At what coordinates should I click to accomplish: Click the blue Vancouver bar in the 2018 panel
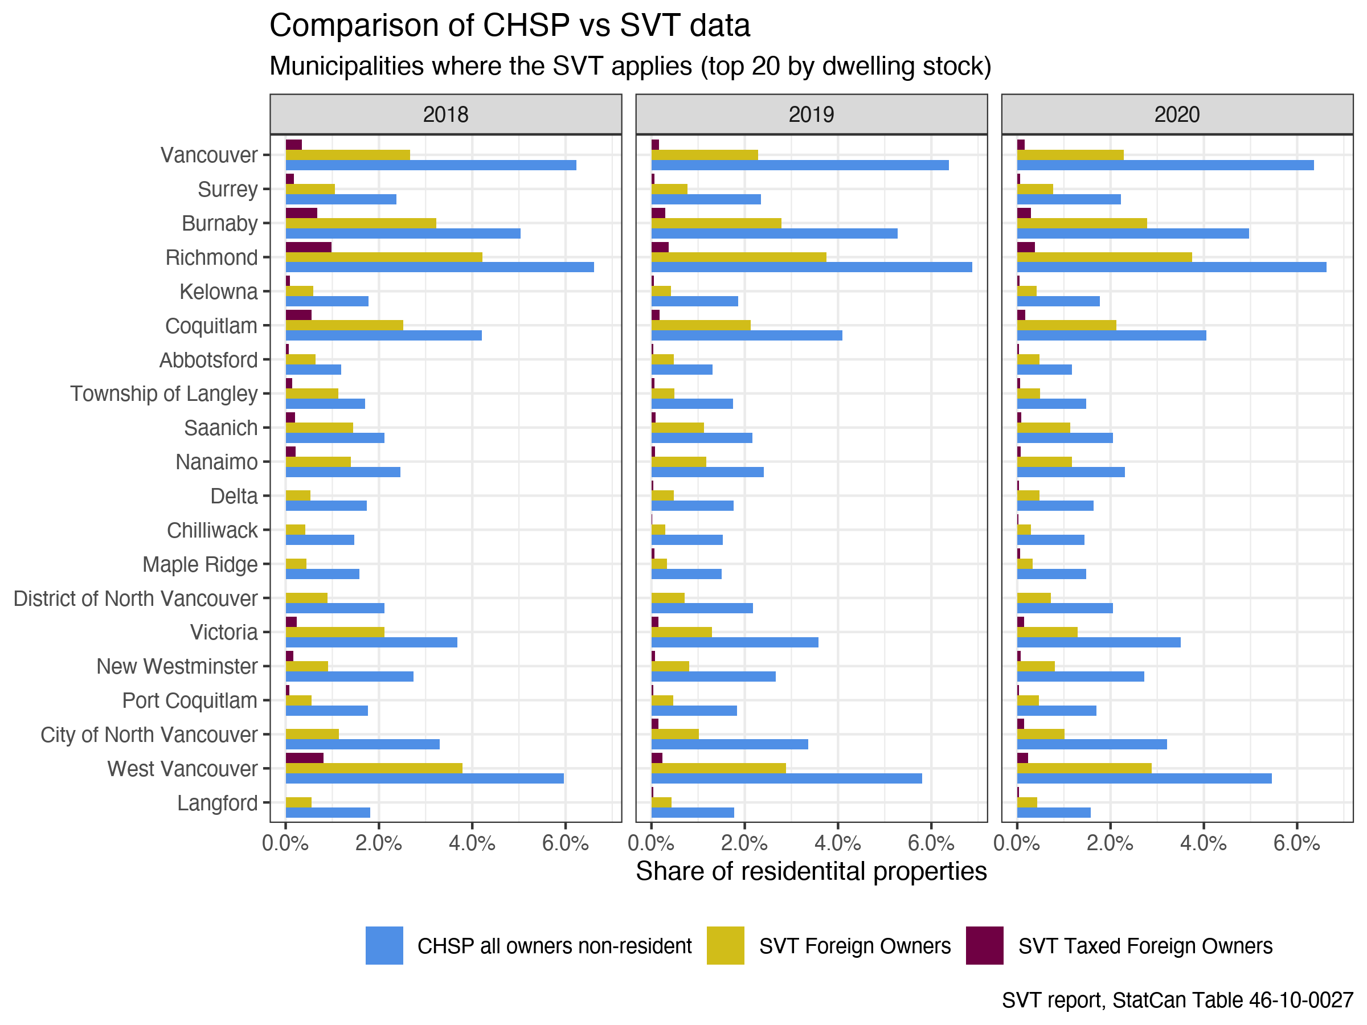tap(431, 165)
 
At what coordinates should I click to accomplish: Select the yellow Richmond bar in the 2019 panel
tap(739, 257)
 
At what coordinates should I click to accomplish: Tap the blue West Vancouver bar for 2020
tap(1144, 778)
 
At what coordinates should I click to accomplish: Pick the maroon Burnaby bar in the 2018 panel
tap(301, 213)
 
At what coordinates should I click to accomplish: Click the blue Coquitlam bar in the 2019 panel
tap(747, 335)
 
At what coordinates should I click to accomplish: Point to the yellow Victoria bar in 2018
tap(335, 632)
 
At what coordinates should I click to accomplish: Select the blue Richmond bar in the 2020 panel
tap(1171, 267)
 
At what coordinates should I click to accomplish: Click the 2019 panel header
tap(811, 114)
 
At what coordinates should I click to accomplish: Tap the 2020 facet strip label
tap(1177, 114)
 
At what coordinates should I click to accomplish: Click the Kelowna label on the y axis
tap(218, 292)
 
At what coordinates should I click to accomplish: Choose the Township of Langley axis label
tap(164, 393)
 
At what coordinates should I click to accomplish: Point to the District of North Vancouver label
tap(136, 598)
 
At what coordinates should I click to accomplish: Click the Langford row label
tap(217, 803)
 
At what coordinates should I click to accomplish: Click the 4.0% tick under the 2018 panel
tap(472, 843)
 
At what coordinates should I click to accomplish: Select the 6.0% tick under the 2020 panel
tap(1296, 843)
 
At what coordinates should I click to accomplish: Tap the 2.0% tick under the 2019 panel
tap(744, 843)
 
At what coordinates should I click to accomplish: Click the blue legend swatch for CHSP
tap(384, 945)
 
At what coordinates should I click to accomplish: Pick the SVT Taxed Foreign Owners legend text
tap(1145, 946)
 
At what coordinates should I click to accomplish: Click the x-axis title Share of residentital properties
tap(811, 871)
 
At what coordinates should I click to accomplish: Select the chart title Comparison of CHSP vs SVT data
tap(510, 26)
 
